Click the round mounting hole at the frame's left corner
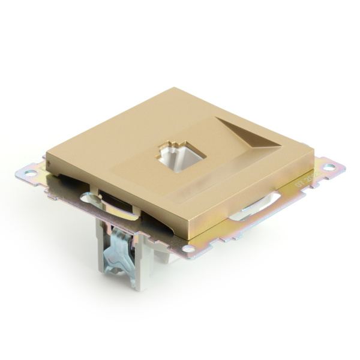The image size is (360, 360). point(28,173)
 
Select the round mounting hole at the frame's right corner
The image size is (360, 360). point(329,166)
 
